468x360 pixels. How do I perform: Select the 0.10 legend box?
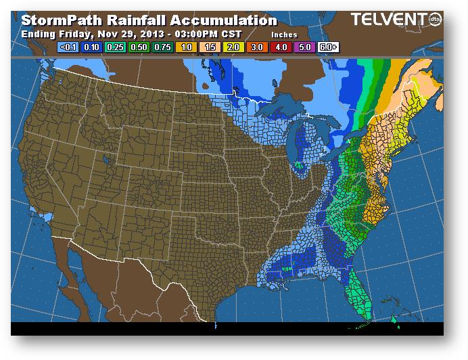pos(91,47)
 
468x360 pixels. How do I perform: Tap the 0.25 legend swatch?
pos(114,47)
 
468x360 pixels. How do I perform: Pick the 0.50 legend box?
pos(138,47)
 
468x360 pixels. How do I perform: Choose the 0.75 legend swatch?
pos(162,47)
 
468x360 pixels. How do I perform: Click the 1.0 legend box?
pos(186,47)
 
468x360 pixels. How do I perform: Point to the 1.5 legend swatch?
pos(210,47)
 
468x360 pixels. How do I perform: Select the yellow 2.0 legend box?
pos(233,47)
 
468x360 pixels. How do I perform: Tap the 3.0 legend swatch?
pos(258,47)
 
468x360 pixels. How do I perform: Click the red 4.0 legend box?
pos(281,47)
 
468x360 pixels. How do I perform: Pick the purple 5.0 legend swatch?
pos(305,47)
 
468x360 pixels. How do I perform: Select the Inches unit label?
pos(284,33)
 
